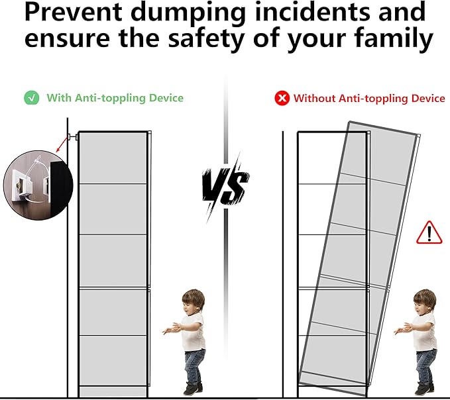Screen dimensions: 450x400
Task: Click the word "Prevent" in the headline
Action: click(x=74, y=12)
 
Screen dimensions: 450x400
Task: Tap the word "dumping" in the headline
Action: click(x=189, y=15)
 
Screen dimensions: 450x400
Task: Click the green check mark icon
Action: click(x=32, y=98)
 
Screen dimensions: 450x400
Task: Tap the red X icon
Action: click(x=282, y=99)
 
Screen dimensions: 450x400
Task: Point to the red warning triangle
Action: click(x=429, y=232)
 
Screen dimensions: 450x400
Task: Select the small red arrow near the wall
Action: click(x=62, y=145)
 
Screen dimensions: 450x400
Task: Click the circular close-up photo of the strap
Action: click(x=38, y=185)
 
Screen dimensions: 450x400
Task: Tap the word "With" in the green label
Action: click(x=59, y=98)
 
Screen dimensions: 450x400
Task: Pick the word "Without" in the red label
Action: click(x=314, y=99)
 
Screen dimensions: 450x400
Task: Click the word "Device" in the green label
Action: click(x=166, y=98)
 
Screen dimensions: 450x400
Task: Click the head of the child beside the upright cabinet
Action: click(x=193, y=302)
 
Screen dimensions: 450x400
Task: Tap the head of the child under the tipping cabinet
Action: click(x=424, y=302)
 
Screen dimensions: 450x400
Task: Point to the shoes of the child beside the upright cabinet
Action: click(x=193, y=389)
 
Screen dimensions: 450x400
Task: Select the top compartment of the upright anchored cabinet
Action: click(x=113, y=158)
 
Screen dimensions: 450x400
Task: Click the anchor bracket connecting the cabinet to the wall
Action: click(x=72, y=137)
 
